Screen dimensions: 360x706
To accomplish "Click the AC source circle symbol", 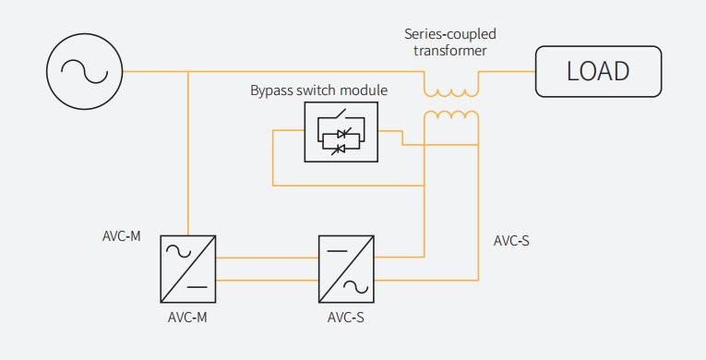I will click(x=85, y=71).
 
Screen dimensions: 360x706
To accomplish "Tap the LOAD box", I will click(x=598, y=71).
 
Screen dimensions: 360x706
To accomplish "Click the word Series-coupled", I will click(x=450, y=34).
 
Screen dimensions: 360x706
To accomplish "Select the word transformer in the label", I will click(x=450, y=51).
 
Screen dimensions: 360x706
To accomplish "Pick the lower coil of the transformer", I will click(x=451, y=115).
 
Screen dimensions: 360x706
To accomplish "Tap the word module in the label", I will click(x=365, y=90).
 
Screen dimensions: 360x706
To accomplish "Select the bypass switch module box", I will click(x=341, y=132).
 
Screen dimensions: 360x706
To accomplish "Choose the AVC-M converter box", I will click(x=188, y=269).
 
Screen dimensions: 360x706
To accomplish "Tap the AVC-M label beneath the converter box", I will click(x=188, y=317).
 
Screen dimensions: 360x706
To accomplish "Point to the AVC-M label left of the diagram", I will click(x=121, y=235).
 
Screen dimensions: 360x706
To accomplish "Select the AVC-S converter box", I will click(x=347, y=269).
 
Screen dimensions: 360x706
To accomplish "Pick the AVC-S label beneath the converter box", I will click(x=347, y=317).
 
